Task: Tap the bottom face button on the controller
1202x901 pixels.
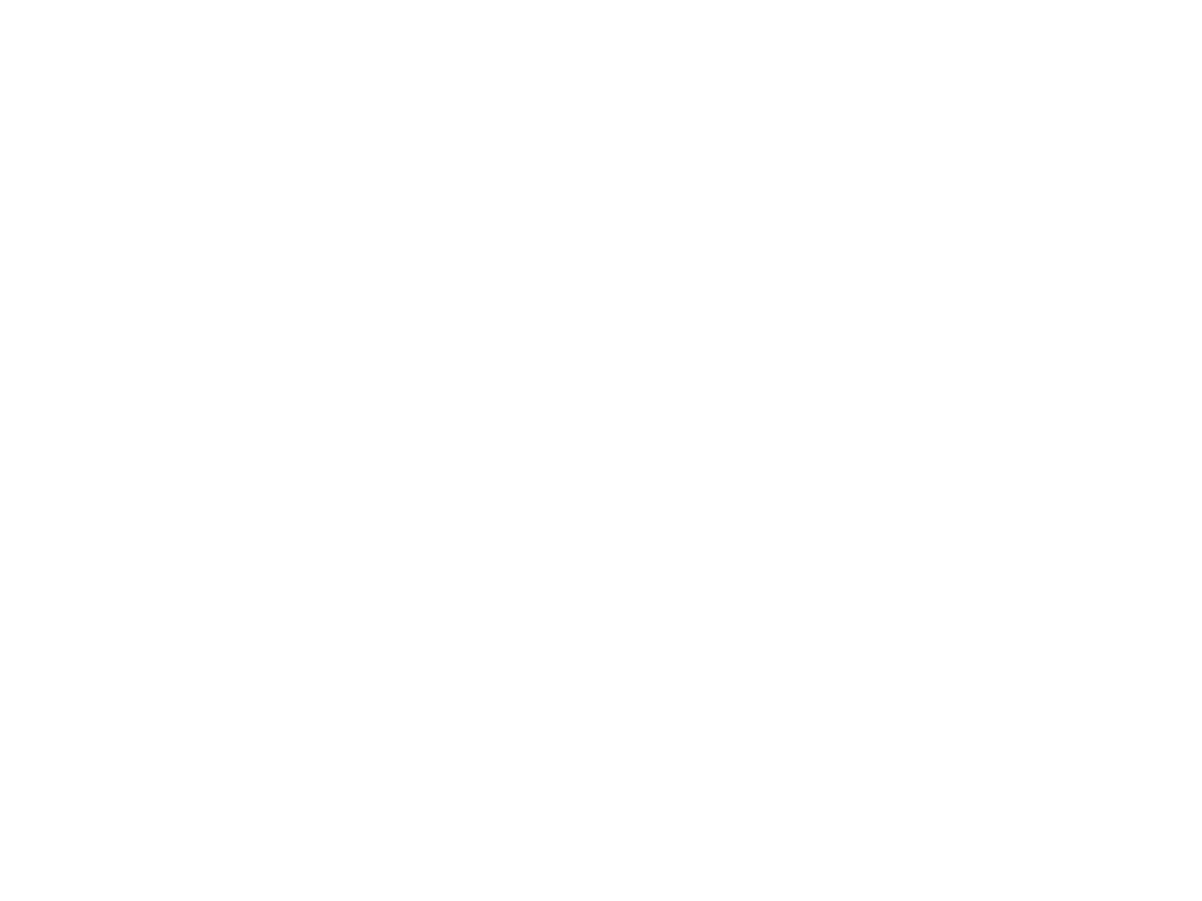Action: click(x=486, y=405)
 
